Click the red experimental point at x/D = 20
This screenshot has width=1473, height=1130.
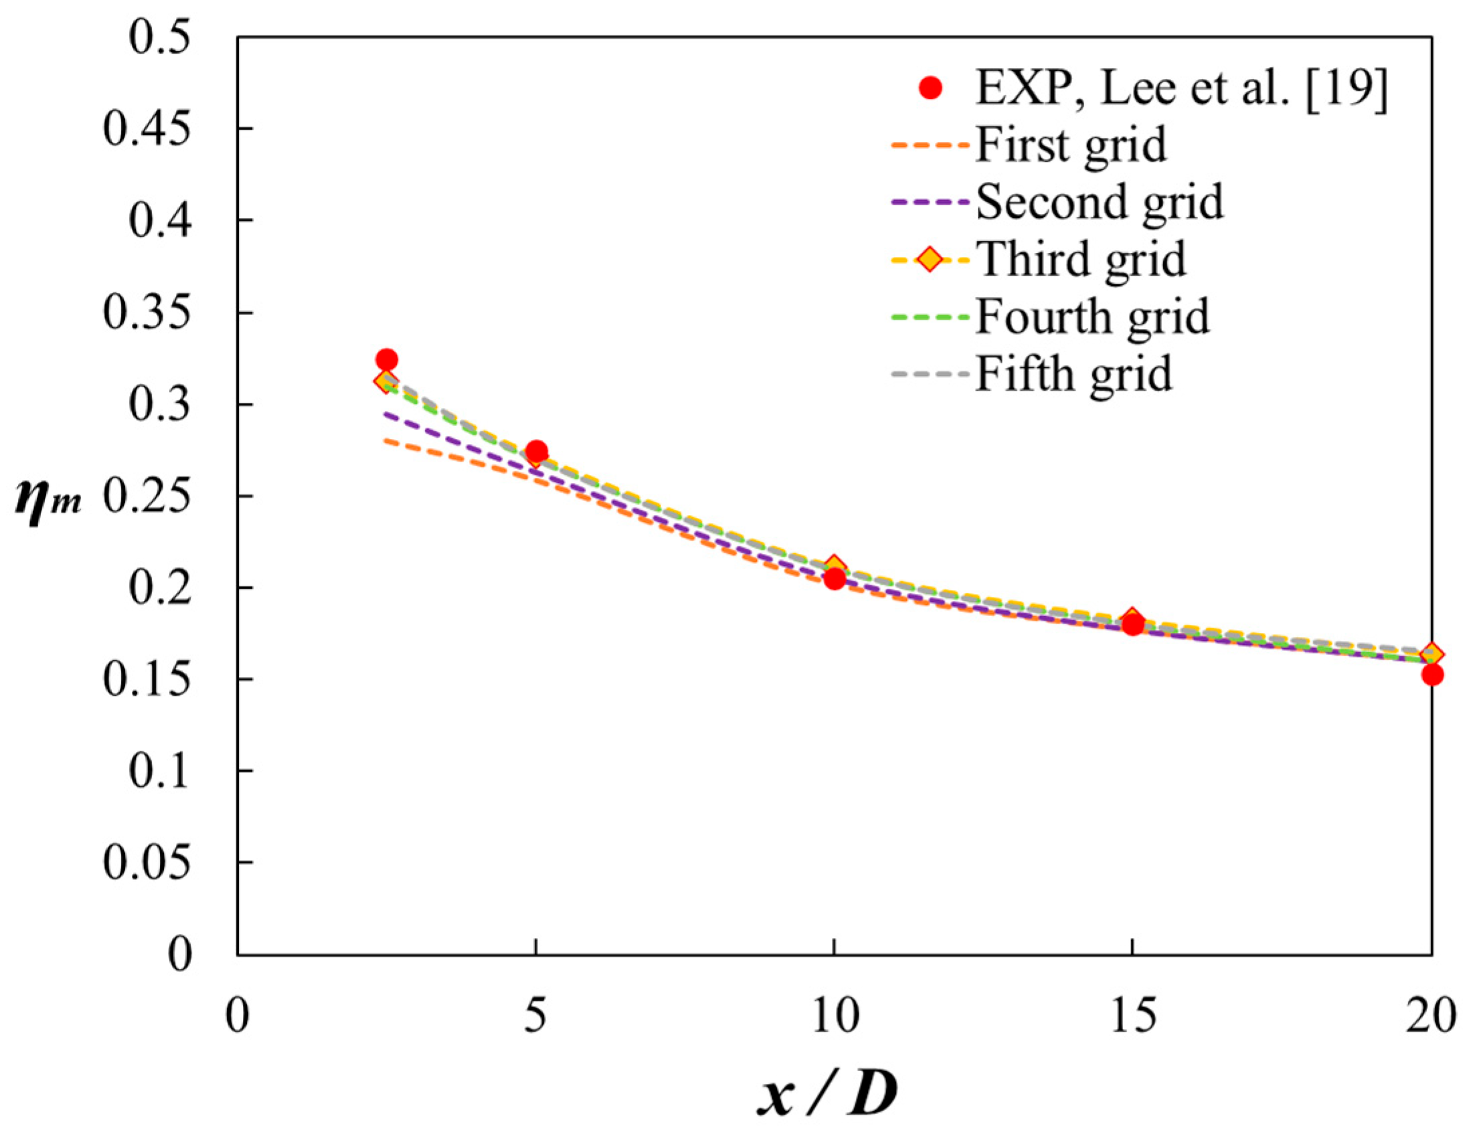click(1433, 674)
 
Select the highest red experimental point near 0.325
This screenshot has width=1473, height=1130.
click(386, 359)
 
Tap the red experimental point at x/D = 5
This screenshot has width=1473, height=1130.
click(536, 451)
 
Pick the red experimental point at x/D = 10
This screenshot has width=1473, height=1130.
click(835, 579)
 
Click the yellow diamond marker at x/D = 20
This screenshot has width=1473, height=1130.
click(1433, 653)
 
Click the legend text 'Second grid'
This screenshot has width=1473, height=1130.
click(1100, 202)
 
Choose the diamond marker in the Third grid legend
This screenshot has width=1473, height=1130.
click(930, 259)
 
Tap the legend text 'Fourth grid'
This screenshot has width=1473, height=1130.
click(1092, 316)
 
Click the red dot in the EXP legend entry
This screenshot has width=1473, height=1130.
click(930, 88)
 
